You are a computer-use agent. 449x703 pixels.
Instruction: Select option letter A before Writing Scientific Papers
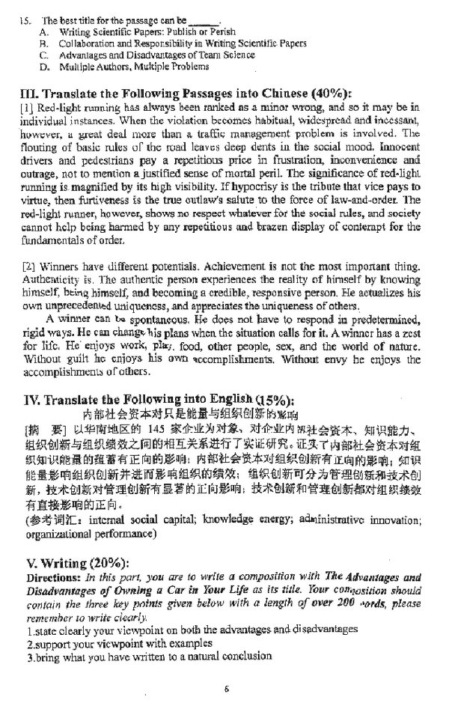(x=43, y=32)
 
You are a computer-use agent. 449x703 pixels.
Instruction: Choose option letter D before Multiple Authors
(x=43, y=67)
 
